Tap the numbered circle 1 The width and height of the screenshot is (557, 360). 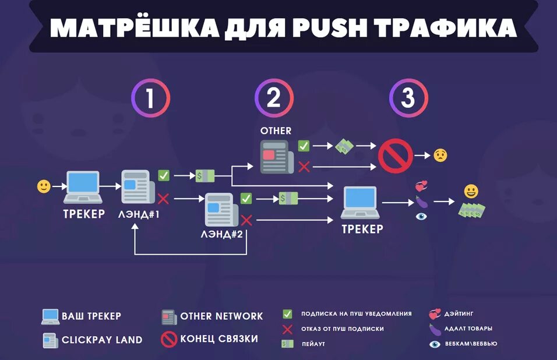click(x=150, y=98)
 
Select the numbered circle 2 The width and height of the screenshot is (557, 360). click(x=273, y=98)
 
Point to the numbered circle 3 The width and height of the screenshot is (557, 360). click(x=408, y=98)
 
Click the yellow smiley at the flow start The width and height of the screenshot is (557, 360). click(x=44, y=186)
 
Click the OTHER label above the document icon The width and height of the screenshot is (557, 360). click(x=276, y=131)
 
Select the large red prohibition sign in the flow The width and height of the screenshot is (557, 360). click(x=396, y=156)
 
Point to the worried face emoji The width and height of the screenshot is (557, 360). click(x=440, y=156)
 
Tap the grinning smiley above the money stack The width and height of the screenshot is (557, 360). click(x=471, y=191)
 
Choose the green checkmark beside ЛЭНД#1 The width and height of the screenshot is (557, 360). click(x=164, y=175)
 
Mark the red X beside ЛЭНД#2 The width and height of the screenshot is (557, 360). click(x=246, y=220)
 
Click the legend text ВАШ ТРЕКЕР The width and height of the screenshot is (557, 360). click(x=91, y=316)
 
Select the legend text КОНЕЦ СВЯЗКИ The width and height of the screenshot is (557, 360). click(x=219, y=339)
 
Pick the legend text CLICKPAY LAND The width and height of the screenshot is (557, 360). click(x=102, y=340)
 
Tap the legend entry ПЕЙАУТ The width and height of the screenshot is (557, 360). click(x=313, y=344)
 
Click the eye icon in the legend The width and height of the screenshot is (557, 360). click(x=434, y=344)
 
